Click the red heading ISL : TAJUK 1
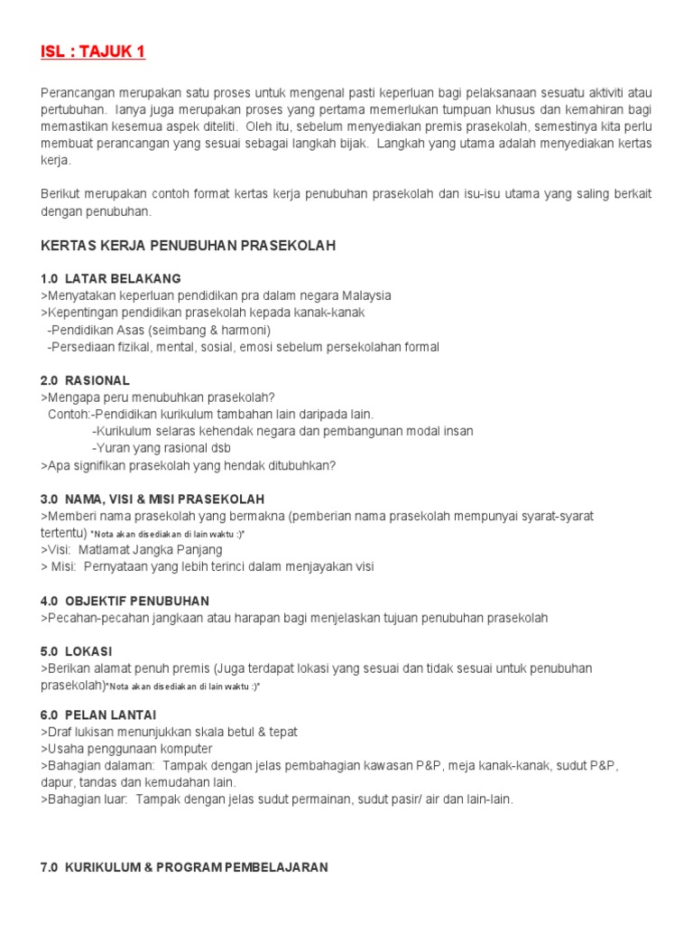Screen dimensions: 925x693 [93, 51]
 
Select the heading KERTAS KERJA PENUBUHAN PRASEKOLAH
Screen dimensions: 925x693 [188, 246]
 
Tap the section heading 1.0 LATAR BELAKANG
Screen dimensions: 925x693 [111, 278]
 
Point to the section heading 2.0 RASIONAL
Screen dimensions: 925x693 [86, 380]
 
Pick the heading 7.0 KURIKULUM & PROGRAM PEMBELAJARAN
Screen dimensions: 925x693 [184, 867]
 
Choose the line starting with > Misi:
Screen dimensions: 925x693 [208, 567]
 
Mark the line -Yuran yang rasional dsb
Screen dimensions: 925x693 [162, 448]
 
